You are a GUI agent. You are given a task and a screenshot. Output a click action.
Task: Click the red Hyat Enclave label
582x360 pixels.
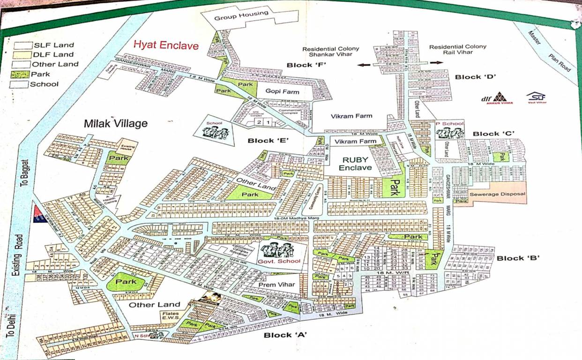coord(166,45)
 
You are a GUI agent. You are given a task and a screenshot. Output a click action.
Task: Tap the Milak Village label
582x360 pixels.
coord(115,124)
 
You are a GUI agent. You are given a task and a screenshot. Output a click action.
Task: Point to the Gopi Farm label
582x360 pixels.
coord(283,91)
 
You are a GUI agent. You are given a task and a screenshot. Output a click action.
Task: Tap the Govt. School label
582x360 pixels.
coord(282,261)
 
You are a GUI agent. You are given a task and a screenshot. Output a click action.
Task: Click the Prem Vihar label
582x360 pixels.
coord(276,285)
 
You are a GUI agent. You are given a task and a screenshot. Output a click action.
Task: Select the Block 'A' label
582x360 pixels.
coord(285,335)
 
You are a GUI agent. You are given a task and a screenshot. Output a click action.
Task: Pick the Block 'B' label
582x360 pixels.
coord(518,258)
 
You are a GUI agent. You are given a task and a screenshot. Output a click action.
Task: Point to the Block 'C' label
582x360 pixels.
coord(493,134)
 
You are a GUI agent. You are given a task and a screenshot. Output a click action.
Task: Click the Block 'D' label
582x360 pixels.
coord(475,77)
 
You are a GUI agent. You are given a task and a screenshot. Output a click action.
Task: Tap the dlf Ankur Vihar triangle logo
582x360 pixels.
coord(500,97)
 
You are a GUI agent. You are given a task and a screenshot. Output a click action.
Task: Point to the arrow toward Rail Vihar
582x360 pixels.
coord(436,62)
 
